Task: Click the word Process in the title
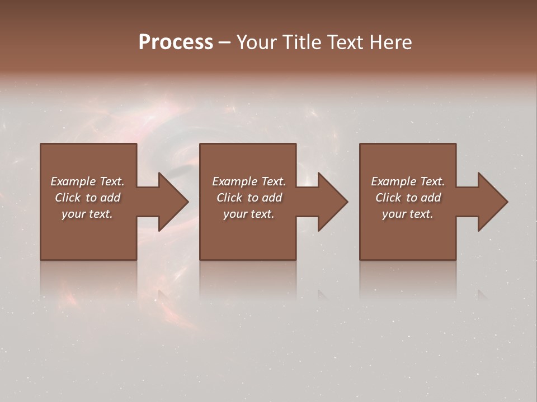point(176,42)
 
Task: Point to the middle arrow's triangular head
point(332,202)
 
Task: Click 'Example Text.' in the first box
point(87,181)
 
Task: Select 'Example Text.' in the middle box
point(248,181)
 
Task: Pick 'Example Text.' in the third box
point(408,181)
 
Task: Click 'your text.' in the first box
point(87,214)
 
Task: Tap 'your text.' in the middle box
point(248,214)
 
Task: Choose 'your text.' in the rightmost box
point(408,214)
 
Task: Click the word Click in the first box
point(68,198)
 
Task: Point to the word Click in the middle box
point(229,198)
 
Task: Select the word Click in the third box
point(388,198)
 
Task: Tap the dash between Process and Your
point(224,42)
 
